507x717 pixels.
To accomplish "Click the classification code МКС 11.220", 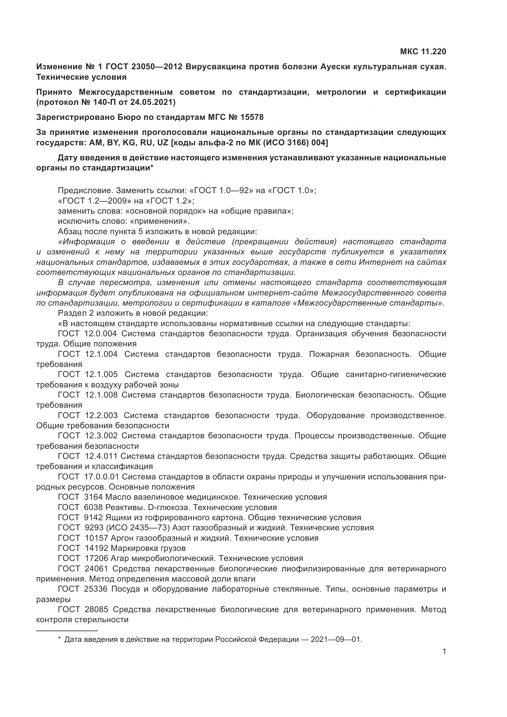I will click(423, 52).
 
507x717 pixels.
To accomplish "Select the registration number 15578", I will click(252, 117).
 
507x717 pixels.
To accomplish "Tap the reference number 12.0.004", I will click(101, 334).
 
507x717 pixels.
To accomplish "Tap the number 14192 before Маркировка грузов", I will click(97, 548).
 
